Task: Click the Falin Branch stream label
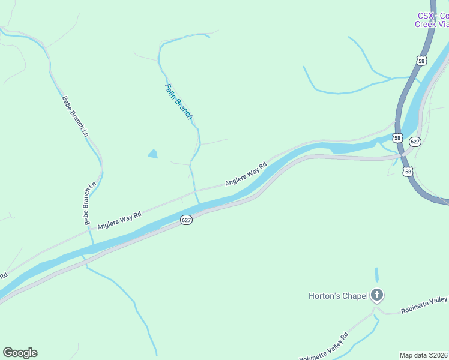pyautogui.click(x=178, y=101)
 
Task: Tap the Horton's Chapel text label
pyautogui.click(x=338, y=296)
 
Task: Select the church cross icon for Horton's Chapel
pyautogui.click(x=377, y=295)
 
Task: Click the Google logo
pyautogui.click(x=20, y=353)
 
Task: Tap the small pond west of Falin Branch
pyautogui.click(x=152, y=154)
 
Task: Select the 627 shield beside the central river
pyautogui.click(x=186, y=221)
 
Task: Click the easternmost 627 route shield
pyautogui.click(x=415, y=142)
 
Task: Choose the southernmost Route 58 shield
pyautogui.click(x=408, y=172)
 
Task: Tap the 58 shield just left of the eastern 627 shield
pyautogui.click(x=397, y=138)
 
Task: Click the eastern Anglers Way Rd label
pyautogui.click(x=246, y=174)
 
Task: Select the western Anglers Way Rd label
pyautogui.click(x=119, y=220)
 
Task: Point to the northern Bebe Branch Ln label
pyautogui.click(x=75, y=116)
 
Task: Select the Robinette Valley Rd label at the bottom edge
pyautogui.click(x=324, y=347)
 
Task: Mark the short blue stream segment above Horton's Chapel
pyautogui.click(x=377, y=275)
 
